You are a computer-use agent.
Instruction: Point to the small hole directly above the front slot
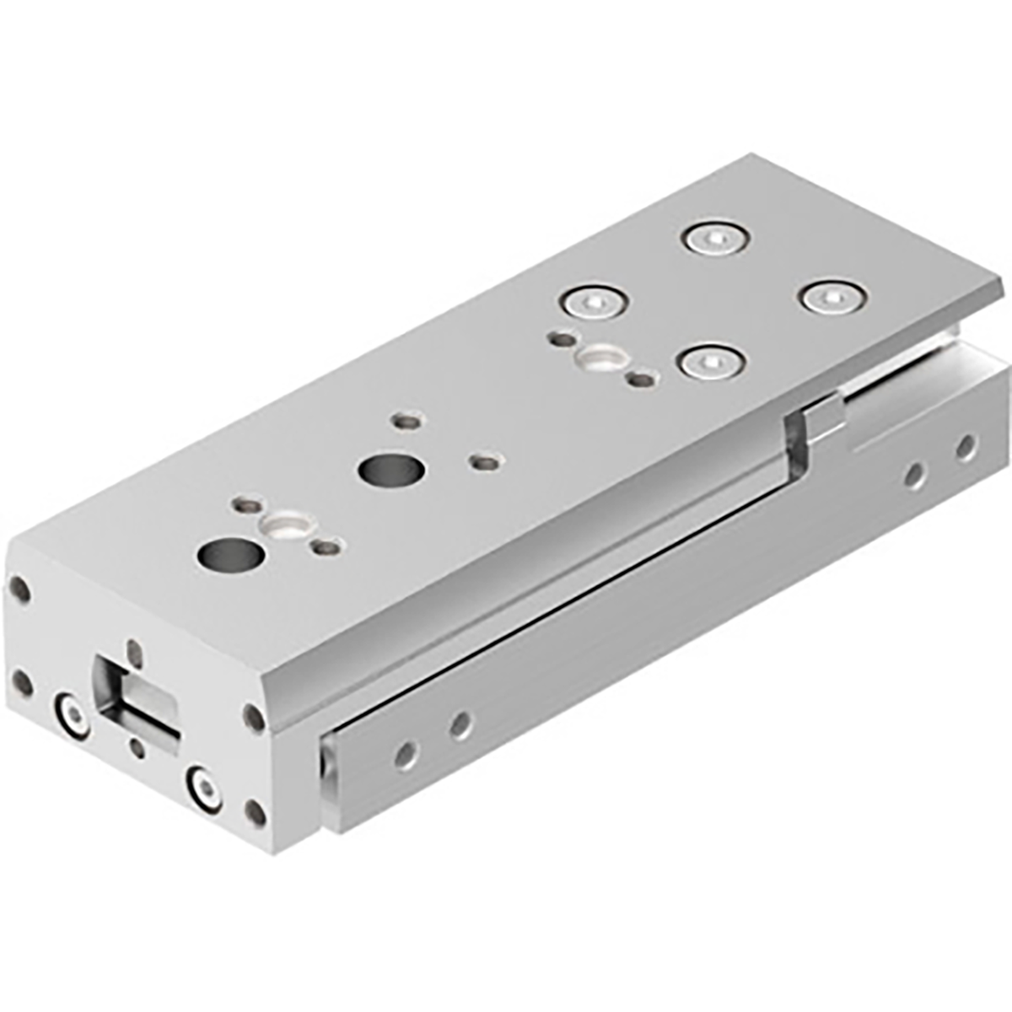pyautogui.click(x=134, y=649)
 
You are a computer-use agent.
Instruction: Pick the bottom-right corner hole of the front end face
pyautogui.click(x=255, y=814)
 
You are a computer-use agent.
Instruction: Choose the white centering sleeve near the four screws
pyautogui.click(x=599, y=358)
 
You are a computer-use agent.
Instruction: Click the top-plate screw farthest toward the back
pyautogui.click(x=715, y=240)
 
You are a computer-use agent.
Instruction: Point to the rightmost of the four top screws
pyautogui.click(x=833, y=297)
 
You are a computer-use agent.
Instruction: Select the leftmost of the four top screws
pyautogui.click(x=595, y=301)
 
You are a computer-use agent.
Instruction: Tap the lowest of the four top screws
pyautogui.click(x=713, y=363)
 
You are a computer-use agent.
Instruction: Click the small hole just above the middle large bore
pyautogui.click(x=406, y=419)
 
